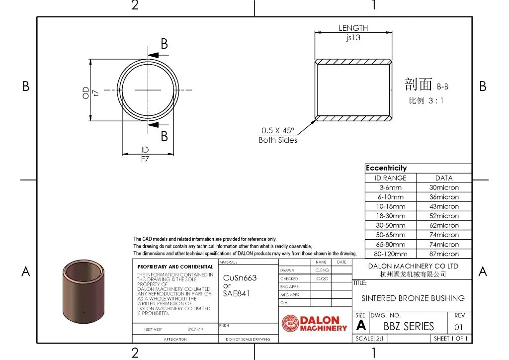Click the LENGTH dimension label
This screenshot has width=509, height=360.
point(353,28)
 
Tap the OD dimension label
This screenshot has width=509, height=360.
point(86,92)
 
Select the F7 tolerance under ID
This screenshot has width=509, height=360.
point(145,160)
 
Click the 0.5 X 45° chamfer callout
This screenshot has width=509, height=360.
point(278,130)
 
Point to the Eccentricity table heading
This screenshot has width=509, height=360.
point(386,168)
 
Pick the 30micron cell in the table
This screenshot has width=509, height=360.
point(444,187)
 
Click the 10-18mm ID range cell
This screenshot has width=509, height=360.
point(390,206)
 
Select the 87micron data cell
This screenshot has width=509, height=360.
point(444,254)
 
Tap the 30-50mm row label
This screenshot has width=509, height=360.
point(390,225)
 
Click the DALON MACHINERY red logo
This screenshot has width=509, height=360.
point(314,324)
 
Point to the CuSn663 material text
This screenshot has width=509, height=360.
point(240,278)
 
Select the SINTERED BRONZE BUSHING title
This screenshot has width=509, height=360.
point(413,298)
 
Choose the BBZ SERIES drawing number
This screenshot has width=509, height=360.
point(409,327)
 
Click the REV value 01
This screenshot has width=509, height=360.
point(458,327)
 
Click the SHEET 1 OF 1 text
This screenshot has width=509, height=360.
point(450,339)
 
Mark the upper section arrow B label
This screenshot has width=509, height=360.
point(164,44)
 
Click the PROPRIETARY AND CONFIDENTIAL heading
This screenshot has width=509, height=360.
point(175,267)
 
